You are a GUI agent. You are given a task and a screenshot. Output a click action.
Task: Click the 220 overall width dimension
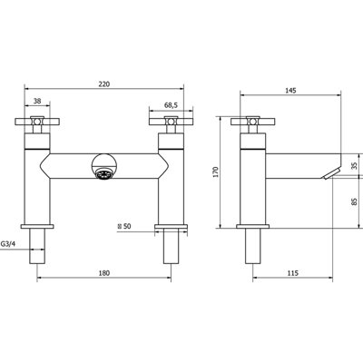pyautogui.click(x=103, y=84)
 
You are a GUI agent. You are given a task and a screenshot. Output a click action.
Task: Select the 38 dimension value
pyautogui.click(x=37, y=101)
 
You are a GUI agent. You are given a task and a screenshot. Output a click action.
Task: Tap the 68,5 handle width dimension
pyautogui.click(x=171, y=105)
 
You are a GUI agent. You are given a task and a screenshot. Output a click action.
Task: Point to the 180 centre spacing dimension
pyautogui.click(x=103, y=273)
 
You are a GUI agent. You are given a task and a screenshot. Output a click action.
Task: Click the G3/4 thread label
pyautogui.click(x=8, y=244)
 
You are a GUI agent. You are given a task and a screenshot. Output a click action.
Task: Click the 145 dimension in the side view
pyautogui.click(x=290, y=90)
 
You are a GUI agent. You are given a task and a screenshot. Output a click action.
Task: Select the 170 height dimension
pyautogui.click(x=216, y=172)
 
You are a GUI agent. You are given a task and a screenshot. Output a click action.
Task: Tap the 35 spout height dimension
pyautogui.click(x=355, y=165)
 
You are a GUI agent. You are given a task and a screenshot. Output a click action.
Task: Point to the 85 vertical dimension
pyautogui.click(x=355, y=201)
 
